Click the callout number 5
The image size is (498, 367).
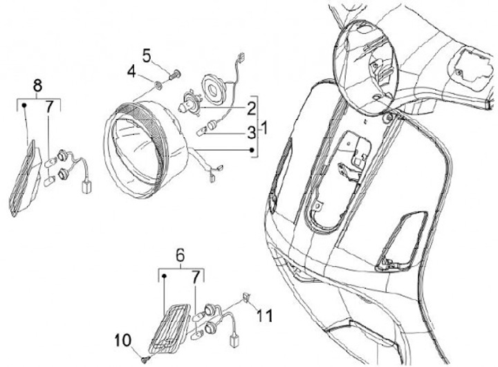147,53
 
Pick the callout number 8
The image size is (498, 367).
37,86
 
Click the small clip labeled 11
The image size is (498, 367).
246,299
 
